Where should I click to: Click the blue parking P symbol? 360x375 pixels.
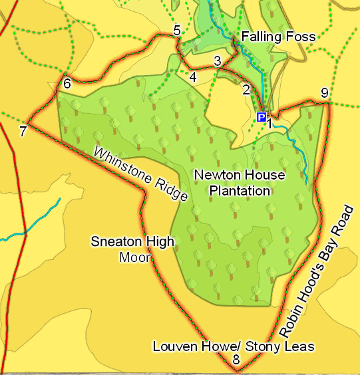261,118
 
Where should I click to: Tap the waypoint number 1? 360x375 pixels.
270,121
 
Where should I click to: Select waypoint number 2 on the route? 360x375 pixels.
246,90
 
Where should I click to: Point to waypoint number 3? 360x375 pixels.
217,61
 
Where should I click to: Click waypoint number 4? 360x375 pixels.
193,78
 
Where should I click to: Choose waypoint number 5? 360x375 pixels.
176,30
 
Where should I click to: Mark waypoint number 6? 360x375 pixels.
67,84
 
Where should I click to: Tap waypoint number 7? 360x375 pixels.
23,131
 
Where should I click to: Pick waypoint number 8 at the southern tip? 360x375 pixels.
236,360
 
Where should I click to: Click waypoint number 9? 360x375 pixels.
324,93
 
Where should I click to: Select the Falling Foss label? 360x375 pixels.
278,37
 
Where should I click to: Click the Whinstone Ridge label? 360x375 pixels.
140,174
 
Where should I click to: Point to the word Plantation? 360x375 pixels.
240,191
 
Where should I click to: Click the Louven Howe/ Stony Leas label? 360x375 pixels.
233,346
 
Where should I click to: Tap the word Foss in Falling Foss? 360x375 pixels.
302,37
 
